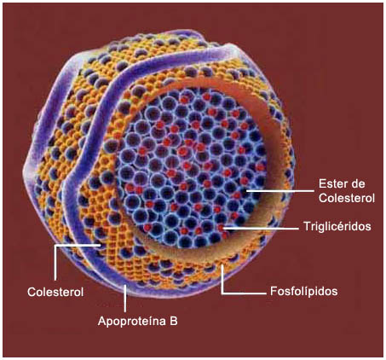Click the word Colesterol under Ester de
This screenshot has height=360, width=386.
click(x=347, y=198)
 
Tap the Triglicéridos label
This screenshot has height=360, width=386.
click(x=337, y=227)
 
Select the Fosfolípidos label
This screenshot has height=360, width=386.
click(x=303, y=291)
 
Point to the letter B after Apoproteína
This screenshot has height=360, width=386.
click(x=174, y=321)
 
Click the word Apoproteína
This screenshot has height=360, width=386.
click(x=132, y=321)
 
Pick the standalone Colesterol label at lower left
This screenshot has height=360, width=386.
click(x=55, y=292)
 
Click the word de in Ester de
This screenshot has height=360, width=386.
click(x=358, y=183)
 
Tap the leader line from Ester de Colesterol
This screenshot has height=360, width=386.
click(x=279, y=191)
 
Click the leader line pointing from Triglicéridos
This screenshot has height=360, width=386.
click(x=260, y=228)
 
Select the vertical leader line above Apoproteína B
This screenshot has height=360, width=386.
click(x=125, y=299)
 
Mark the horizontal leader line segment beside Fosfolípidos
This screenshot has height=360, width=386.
click(x=244, y=293)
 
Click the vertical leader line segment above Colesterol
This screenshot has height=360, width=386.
click(x=55, y=263)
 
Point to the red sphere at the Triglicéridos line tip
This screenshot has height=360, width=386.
click(x=221, y=228)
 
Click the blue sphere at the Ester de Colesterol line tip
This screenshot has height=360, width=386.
click(x=244, y=191)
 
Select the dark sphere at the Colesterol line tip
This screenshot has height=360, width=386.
click(x=99, y=245)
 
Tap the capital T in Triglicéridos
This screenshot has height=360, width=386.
click(x=307, y=226)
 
